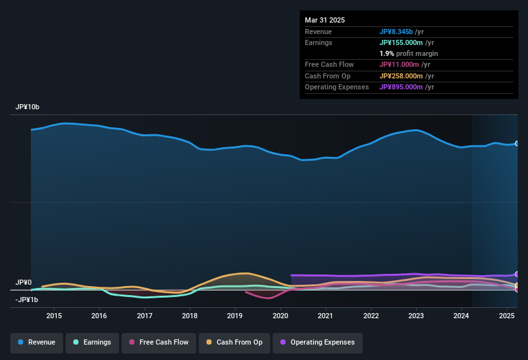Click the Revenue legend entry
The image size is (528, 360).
pyautogui.click(x=37, y=342)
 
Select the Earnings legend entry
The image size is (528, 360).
pyautogui.click(x=92, y=342)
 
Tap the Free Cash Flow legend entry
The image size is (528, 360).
pyautogui.click(x=158, y=342)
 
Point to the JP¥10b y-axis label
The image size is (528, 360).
pyautogui.click(x=28, y=107)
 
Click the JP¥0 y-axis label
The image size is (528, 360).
pyautogui.click(x=24, y=282)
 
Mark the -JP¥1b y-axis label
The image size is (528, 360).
pyautogui.click(x=27, y=300)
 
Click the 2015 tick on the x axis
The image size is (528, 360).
pyautogui.click(x=54, y=316)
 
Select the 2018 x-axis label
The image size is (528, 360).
pyautogui.click(x=190, y=316)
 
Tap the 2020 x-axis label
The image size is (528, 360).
pyautogui.click(x=280, y=316)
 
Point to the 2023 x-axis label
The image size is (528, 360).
pyautogui.click(x=416, y=316)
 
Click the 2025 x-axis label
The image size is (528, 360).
pyautogui.click(x=507, y=316)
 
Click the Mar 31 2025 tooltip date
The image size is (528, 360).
pyautogui.click(x=325, y=20)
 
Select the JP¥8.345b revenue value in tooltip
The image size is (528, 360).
pyautogui.click(x=397, y=32)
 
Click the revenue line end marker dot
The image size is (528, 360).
pyautogui.click(x=517, y=143)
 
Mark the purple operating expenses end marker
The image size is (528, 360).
pyautogui.click(x=517, y=274)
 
